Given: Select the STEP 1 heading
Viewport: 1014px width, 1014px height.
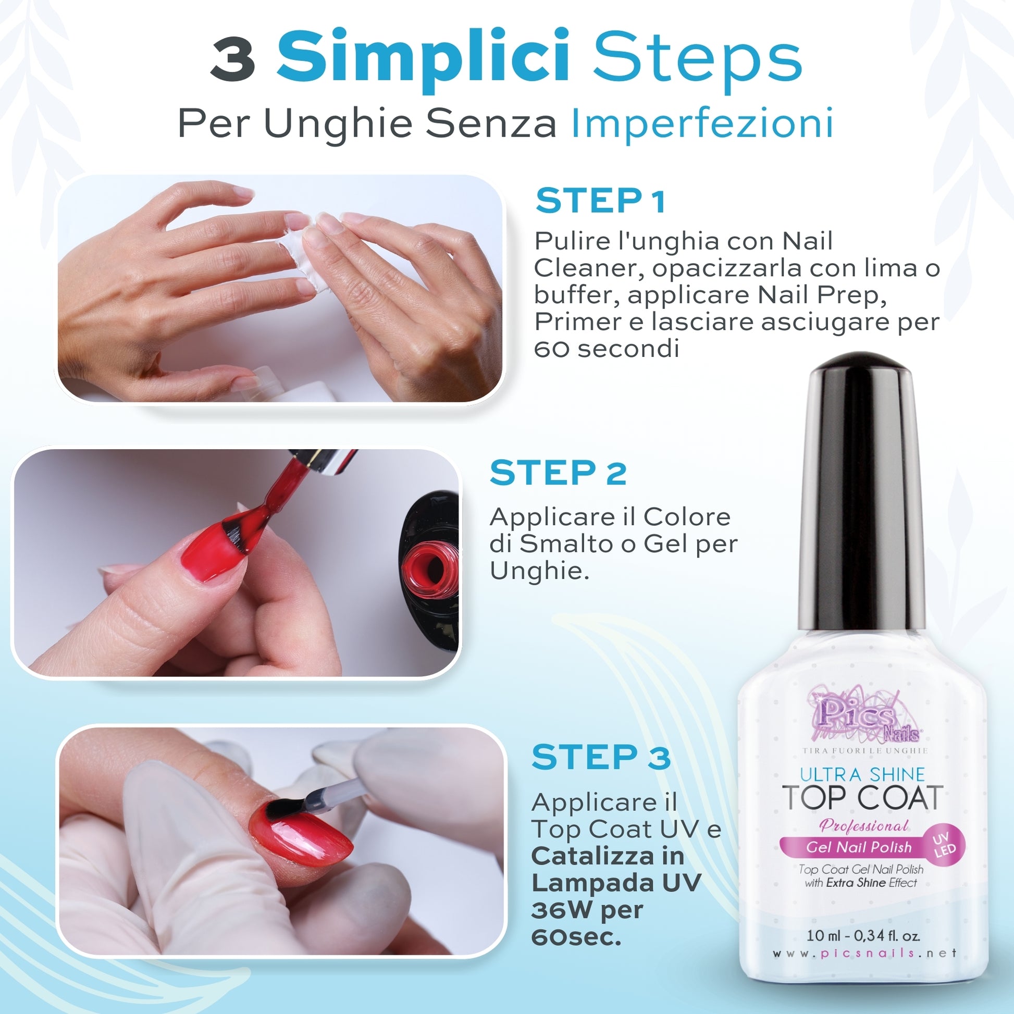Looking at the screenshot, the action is [600, 201].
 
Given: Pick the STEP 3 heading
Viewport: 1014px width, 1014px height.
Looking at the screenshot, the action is [601, 757].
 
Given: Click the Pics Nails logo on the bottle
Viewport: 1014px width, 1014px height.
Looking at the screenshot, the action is [864, 713].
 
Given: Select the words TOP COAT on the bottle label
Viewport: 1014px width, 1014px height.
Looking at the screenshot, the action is [862, 798].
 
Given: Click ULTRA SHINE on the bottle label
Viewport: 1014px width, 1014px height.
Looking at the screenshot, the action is [862, 774].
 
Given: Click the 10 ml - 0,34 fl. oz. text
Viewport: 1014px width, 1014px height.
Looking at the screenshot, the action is [863, 935].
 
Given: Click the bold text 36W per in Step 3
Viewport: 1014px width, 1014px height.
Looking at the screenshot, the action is [587, 910].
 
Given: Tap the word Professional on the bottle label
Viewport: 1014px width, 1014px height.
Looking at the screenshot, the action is [863, 826].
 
